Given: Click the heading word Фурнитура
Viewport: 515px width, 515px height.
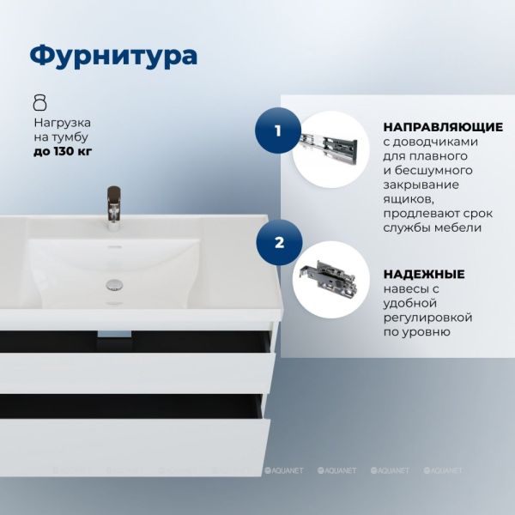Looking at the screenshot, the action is point(113,56).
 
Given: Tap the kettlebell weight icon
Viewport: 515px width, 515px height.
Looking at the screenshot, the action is point(40,102).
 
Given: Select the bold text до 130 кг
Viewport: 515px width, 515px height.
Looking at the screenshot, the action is point(63,151).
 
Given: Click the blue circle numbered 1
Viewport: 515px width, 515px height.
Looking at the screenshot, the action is point(278,130).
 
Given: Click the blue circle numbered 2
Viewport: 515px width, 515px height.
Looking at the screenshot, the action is point(279,243).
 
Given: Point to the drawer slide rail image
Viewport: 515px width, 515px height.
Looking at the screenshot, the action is point(329,147).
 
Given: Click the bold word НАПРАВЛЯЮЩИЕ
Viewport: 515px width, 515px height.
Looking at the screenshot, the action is point(443,127).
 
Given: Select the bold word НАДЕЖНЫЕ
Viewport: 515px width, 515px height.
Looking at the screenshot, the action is point(424,274).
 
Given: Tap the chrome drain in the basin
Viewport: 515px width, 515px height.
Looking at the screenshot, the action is point(114,285).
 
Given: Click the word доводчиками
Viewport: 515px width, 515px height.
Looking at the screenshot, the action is point(434,142).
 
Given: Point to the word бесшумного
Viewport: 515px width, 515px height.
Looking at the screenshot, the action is point(433,171).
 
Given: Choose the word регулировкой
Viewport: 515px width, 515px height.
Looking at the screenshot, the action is point(428,318).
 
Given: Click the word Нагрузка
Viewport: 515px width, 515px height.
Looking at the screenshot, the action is point(63,123).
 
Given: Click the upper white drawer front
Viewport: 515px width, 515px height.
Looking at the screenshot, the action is point(137,373).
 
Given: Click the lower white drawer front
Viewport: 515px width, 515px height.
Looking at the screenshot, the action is point(135,447).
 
